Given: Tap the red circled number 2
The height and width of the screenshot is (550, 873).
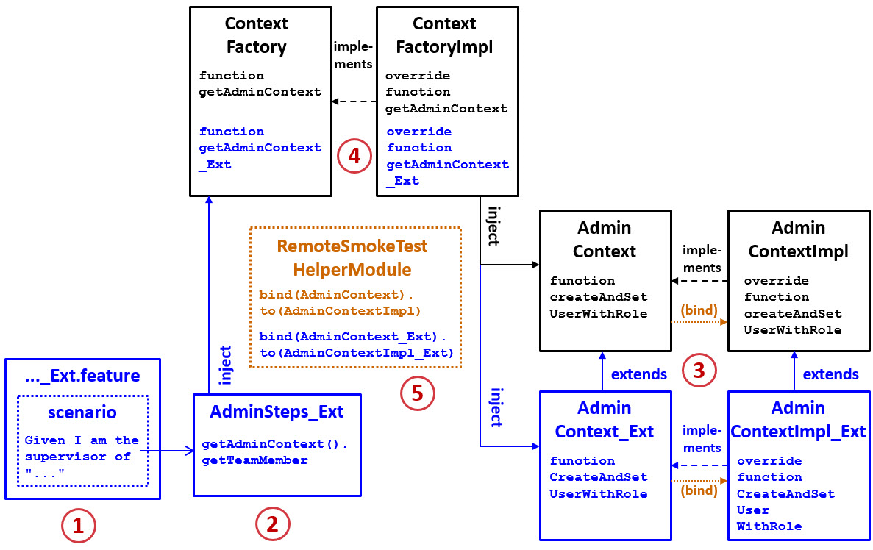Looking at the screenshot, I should tap(272, 524).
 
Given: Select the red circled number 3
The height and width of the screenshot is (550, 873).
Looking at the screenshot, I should tap(699, 370).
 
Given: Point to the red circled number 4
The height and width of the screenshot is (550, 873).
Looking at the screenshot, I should tap(354, 157).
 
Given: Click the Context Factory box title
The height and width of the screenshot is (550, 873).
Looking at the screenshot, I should tap(256, 35).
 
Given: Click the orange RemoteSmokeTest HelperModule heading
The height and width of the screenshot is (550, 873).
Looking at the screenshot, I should tap(352, 257).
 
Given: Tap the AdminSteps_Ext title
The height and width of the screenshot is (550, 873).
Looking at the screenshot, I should tap(277, 412).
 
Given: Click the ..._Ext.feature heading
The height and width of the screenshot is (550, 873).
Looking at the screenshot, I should tap(82, 376).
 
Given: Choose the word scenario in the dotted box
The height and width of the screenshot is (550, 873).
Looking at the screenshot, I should tap(82, 412).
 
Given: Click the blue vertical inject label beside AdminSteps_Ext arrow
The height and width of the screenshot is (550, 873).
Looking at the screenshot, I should tap(226, 365).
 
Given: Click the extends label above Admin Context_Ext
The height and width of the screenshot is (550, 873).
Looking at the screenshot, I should tap(639, 374).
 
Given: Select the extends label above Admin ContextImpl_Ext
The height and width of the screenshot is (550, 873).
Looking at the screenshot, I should tap(830, 374).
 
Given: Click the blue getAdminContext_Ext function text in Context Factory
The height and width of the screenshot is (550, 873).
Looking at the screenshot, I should tap(260, 148).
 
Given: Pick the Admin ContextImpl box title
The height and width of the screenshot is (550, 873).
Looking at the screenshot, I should tap(798, 240).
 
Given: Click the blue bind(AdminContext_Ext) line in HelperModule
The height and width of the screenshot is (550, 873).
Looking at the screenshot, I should tap(353, 337).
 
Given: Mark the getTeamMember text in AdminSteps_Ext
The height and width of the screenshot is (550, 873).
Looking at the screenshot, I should tap(254, 460).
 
